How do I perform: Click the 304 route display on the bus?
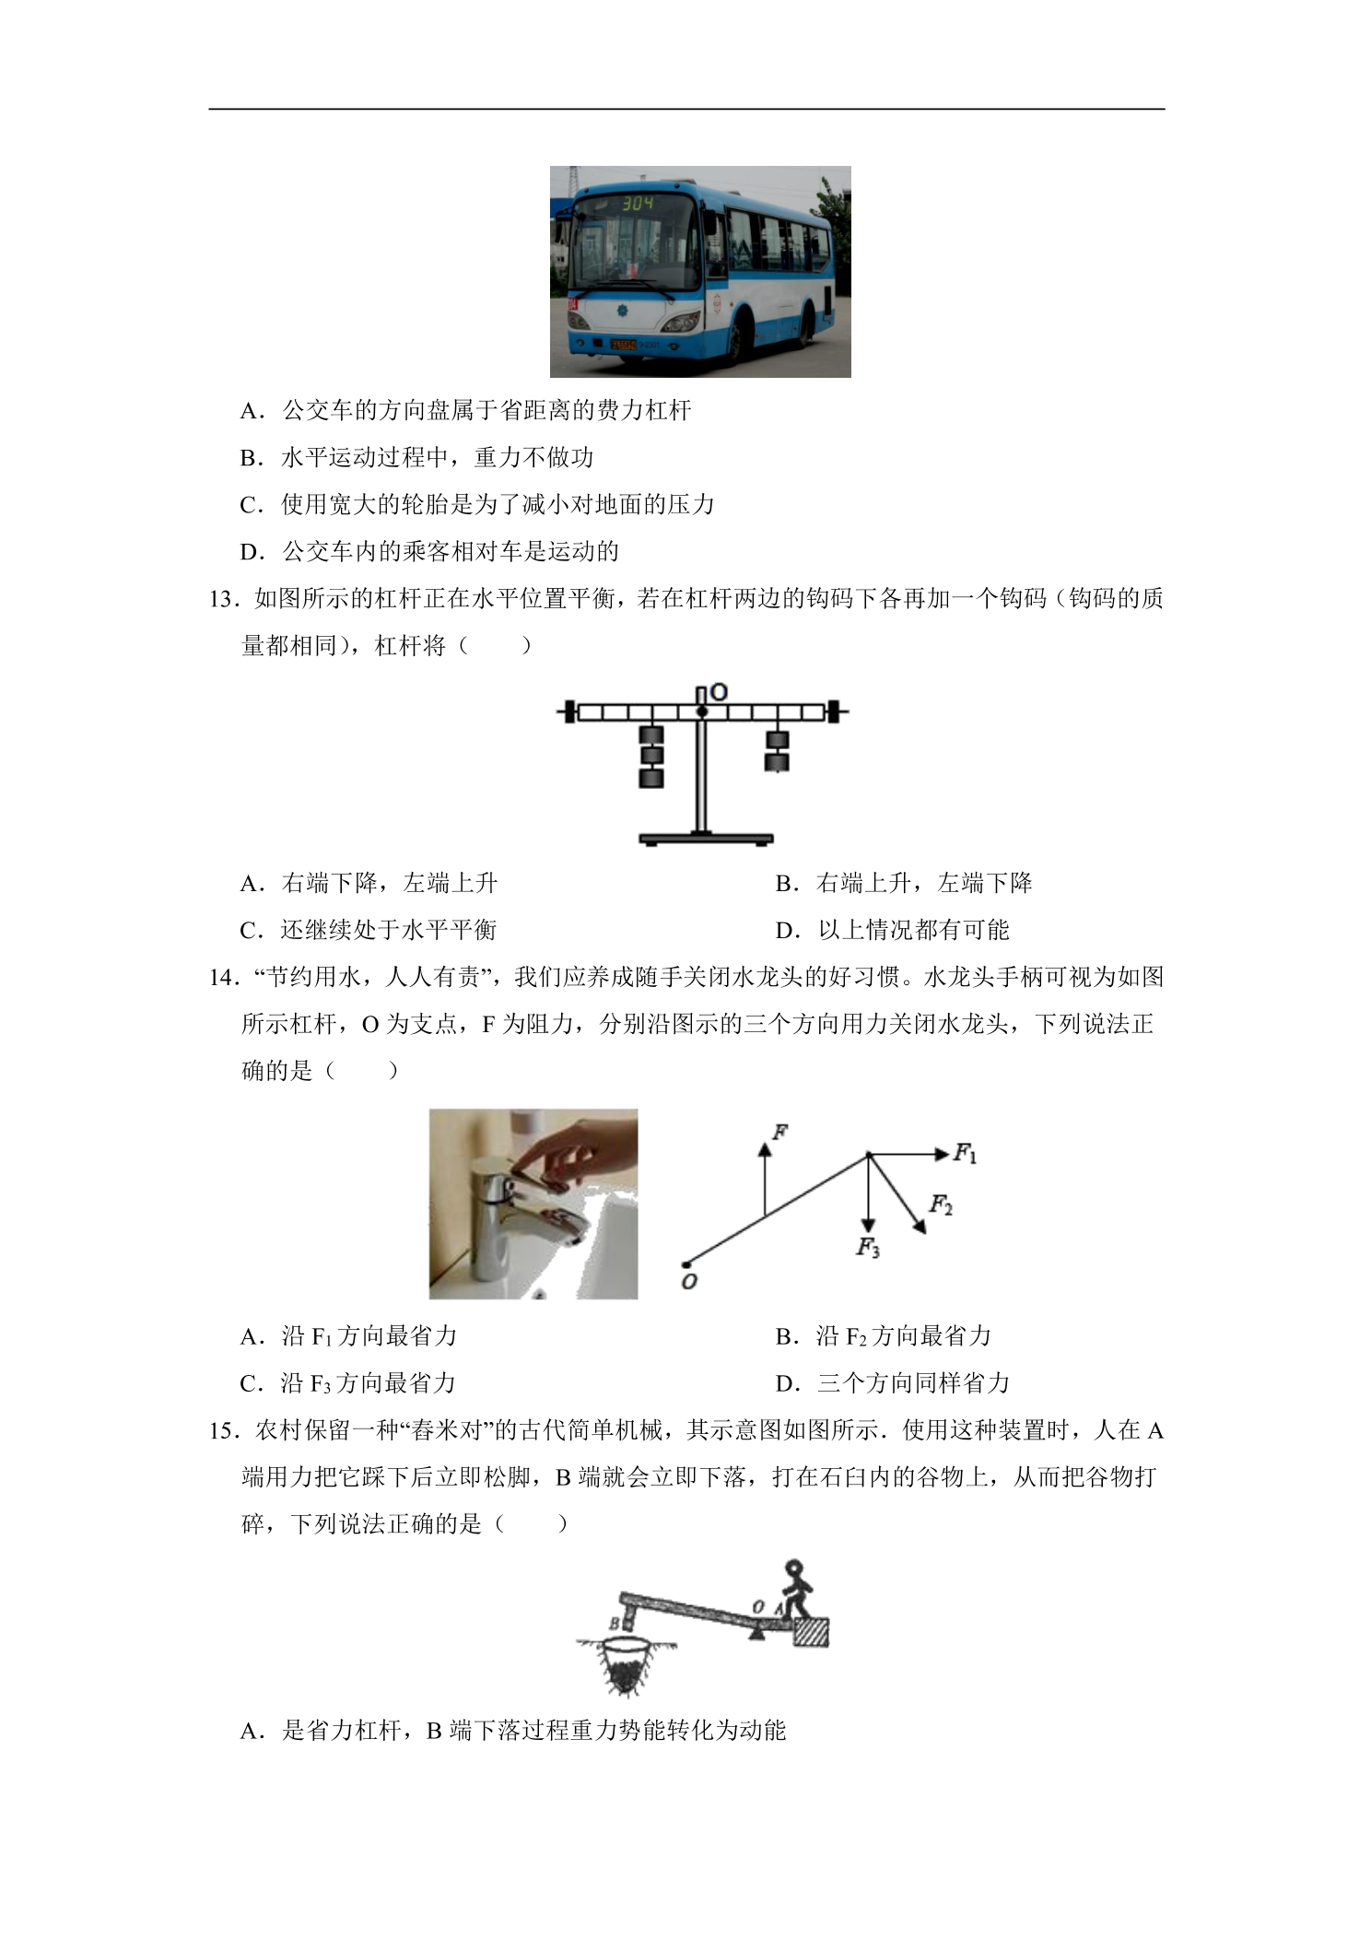pos(637,203)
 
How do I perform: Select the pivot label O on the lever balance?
pos(719,691)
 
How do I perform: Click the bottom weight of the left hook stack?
pos(651,779)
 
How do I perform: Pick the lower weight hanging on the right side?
pos(778,762)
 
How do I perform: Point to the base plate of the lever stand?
pos(706,840)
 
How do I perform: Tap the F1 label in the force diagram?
pos(965,1153)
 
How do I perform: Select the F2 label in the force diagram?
pos(941,1205)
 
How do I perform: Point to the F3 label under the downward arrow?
pos(868,1249)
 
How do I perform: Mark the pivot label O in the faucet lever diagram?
pos(689,1281)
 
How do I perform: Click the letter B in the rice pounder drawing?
pos(614,1623)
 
